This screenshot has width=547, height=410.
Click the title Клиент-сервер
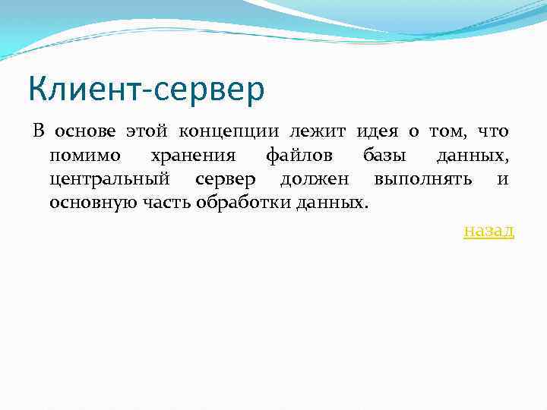(147, 90)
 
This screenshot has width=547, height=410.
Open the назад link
(489, 230)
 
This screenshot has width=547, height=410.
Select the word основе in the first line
(84, 131)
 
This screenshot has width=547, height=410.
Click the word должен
(314, 180)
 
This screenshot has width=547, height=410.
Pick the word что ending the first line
(492, 131)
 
